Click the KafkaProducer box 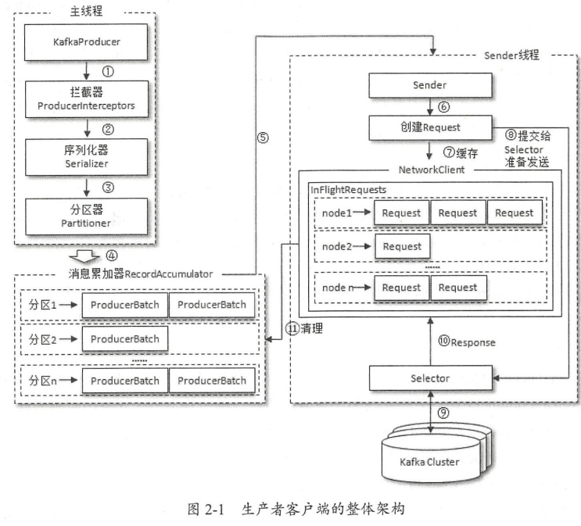86,42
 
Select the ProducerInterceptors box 87,99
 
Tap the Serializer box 86,157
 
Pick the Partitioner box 86,216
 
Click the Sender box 430,85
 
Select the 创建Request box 430,127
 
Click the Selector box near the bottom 431,378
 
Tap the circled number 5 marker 263,138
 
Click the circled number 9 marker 443,413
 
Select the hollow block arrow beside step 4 84,256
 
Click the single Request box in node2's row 403,246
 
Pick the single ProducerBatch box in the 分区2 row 125,338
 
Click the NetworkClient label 432,170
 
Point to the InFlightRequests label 348,190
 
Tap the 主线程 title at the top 86,11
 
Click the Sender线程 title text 511,55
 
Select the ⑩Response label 467,342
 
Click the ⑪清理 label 304,328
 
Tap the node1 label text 336,213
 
